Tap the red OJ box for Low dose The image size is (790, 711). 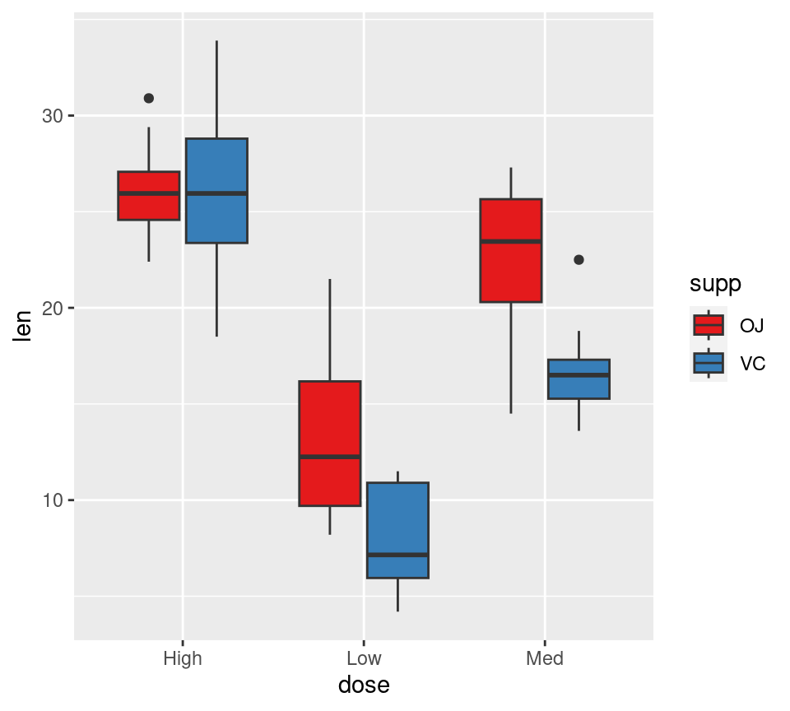(330, 444)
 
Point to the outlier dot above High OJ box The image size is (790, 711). (149, 98)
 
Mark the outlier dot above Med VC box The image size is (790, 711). (579, 260)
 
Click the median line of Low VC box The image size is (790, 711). (397, 555)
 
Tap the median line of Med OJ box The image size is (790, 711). (511, 241)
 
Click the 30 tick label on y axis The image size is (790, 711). (53, 116)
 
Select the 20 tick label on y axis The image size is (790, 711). (53, 309)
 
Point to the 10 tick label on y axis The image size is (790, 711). (53, 500)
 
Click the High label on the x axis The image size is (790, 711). (183, 658)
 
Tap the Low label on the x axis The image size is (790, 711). (364, 658)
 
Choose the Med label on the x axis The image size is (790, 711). (545, 658)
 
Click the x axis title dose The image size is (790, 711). (364, 685)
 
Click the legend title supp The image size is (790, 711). (715, 284)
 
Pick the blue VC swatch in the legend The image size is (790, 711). (708, 363)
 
